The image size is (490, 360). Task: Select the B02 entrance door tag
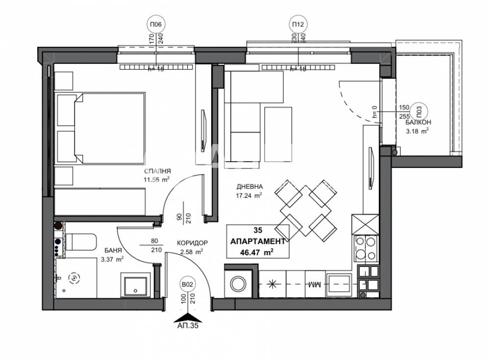pyautogui.click(x=186, y=284)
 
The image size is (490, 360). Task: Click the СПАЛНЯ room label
pyautogui.click(x=157, y=171)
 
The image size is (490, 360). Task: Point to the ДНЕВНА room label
pyautogui.click(x=250, y=186)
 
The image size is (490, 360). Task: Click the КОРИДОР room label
pyautogui.click(x=193, y=243)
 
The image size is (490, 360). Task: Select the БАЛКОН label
pyautogui.click(x=417, y=124)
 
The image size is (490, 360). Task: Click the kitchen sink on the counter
pyautogui.click(x=339, y=283)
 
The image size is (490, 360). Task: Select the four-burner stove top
pyautogui.click(x=366, y=248)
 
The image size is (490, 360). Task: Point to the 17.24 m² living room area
pyautogui.click(x=249, y=194)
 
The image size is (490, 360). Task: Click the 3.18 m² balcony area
pyautogui.click(x=417, y=131)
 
